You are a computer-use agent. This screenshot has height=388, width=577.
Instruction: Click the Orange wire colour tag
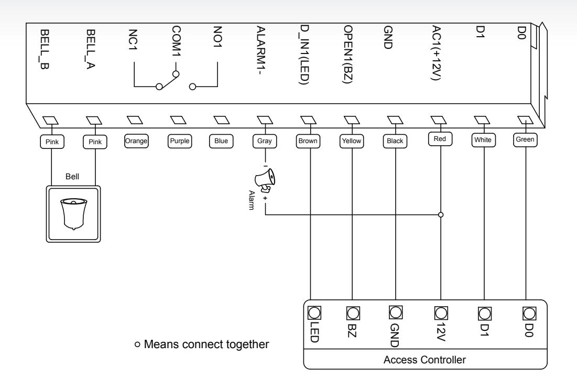pos(136,141)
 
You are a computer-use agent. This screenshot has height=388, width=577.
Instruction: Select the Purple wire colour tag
pos(180,141)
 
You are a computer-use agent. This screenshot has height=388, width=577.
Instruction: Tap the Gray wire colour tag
pos(265,141)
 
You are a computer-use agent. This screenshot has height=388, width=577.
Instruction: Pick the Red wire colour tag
pos(440,139)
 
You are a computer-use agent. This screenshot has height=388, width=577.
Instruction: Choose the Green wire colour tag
pos(525,139)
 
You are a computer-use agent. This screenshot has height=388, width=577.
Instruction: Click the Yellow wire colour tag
pos(352,141)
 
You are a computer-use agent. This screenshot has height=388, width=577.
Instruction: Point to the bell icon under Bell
pos(73,214)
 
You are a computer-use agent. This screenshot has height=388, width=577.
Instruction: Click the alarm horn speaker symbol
pos(265,180)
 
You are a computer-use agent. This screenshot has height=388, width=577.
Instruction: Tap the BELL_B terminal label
pos(44,49)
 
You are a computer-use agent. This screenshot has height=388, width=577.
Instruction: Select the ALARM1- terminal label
pos(261,50)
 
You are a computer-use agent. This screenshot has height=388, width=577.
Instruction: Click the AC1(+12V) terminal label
pos(436,52)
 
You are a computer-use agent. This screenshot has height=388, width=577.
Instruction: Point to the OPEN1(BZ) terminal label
pos(348,55)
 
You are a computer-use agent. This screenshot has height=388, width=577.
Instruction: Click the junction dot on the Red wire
pos(441,214)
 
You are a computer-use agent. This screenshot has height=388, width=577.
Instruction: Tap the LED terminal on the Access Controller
pos(314,313)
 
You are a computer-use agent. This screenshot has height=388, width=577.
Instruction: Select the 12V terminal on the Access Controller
pos(441,313)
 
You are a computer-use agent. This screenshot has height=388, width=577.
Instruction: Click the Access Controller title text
pos(424,360)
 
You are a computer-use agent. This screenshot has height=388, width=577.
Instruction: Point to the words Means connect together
pos(206,344)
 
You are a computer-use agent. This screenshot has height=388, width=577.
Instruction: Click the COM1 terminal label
pos(176,41)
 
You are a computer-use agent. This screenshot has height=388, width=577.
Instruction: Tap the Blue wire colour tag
pos(221,141)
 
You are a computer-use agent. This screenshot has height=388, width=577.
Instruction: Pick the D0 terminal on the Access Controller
pos(529,314)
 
